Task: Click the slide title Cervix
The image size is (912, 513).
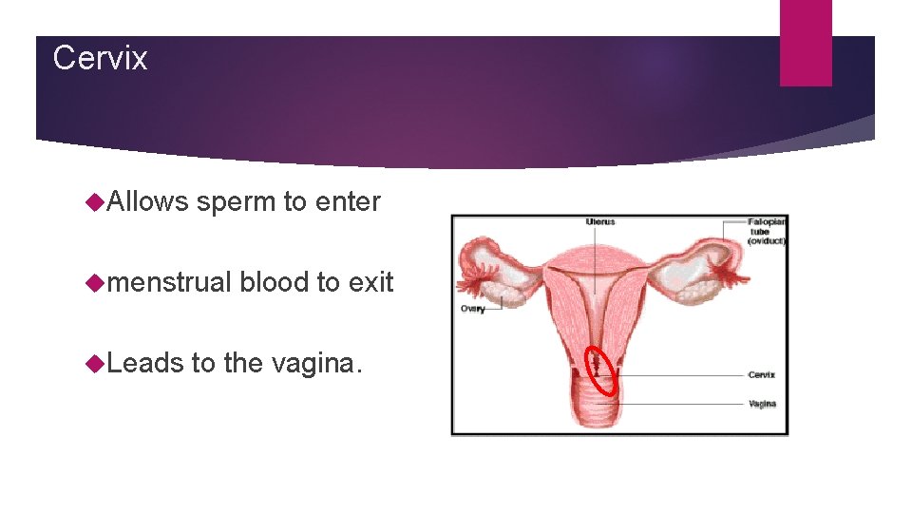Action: coord(100,58)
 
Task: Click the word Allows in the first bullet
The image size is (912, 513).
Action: coord(148,201)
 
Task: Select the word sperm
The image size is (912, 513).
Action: coord(237,202)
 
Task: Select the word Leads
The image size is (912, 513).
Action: coord(143,362)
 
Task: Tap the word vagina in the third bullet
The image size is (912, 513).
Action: coord(314,363)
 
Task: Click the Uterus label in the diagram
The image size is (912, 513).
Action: coord(600,222)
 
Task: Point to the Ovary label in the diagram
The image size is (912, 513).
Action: coord(472,309)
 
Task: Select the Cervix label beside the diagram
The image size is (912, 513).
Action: coord(761,375)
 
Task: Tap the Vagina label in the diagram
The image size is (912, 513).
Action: coord(762,404)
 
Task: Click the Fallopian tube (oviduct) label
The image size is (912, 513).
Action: coord(766,231)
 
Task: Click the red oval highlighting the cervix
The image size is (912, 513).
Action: coord(601,370)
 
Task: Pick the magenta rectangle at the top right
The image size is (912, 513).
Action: coord(806,43)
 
